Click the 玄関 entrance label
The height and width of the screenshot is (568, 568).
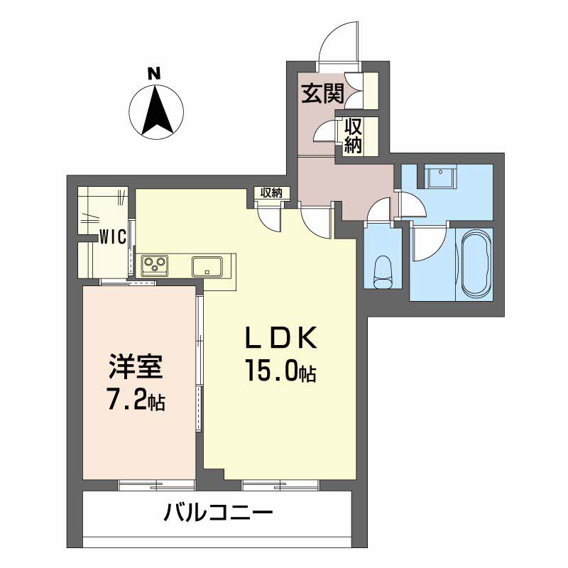[x=322, y=93]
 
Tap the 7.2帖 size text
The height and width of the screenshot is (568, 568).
[x=137, y=401]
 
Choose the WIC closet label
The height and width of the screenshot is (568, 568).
[x=112, y=236]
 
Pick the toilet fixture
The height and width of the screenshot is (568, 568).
[x=383, y=271]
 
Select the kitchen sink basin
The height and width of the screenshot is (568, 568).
[x=207, y=266]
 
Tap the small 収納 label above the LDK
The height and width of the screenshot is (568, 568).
[x=271, y=192]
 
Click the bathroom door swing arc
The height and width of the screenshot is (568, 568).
[x=429, y=241]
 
